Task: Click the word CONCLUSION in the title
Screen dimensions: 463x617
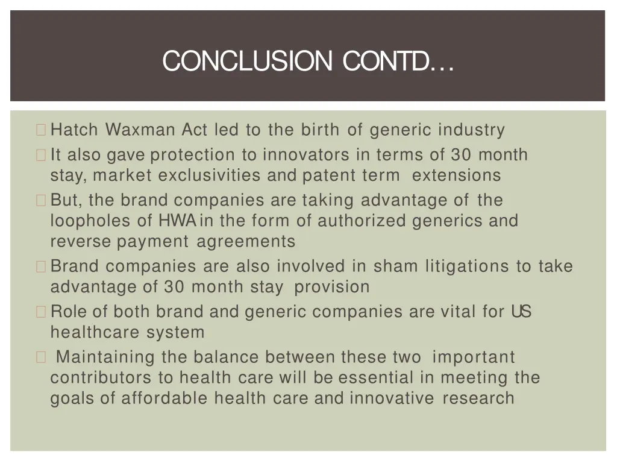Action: [x=247, y=61]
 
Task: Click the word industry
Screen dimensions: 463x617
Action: [x=471, y=130]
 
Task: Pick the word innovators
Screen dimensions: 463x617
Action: [x=305, y=155]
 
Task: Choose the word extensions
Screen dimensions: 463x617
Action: [x=456, y=175]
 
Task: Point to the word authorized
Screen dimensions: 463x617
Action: [x=362, y=221]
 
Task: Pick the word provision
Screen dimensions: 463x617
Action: [x=331, y=287]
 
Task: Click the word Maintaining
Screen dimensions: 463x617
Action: [x=105, y=357]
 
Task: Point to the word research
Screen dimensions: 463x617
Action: [x=478, y=398]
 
